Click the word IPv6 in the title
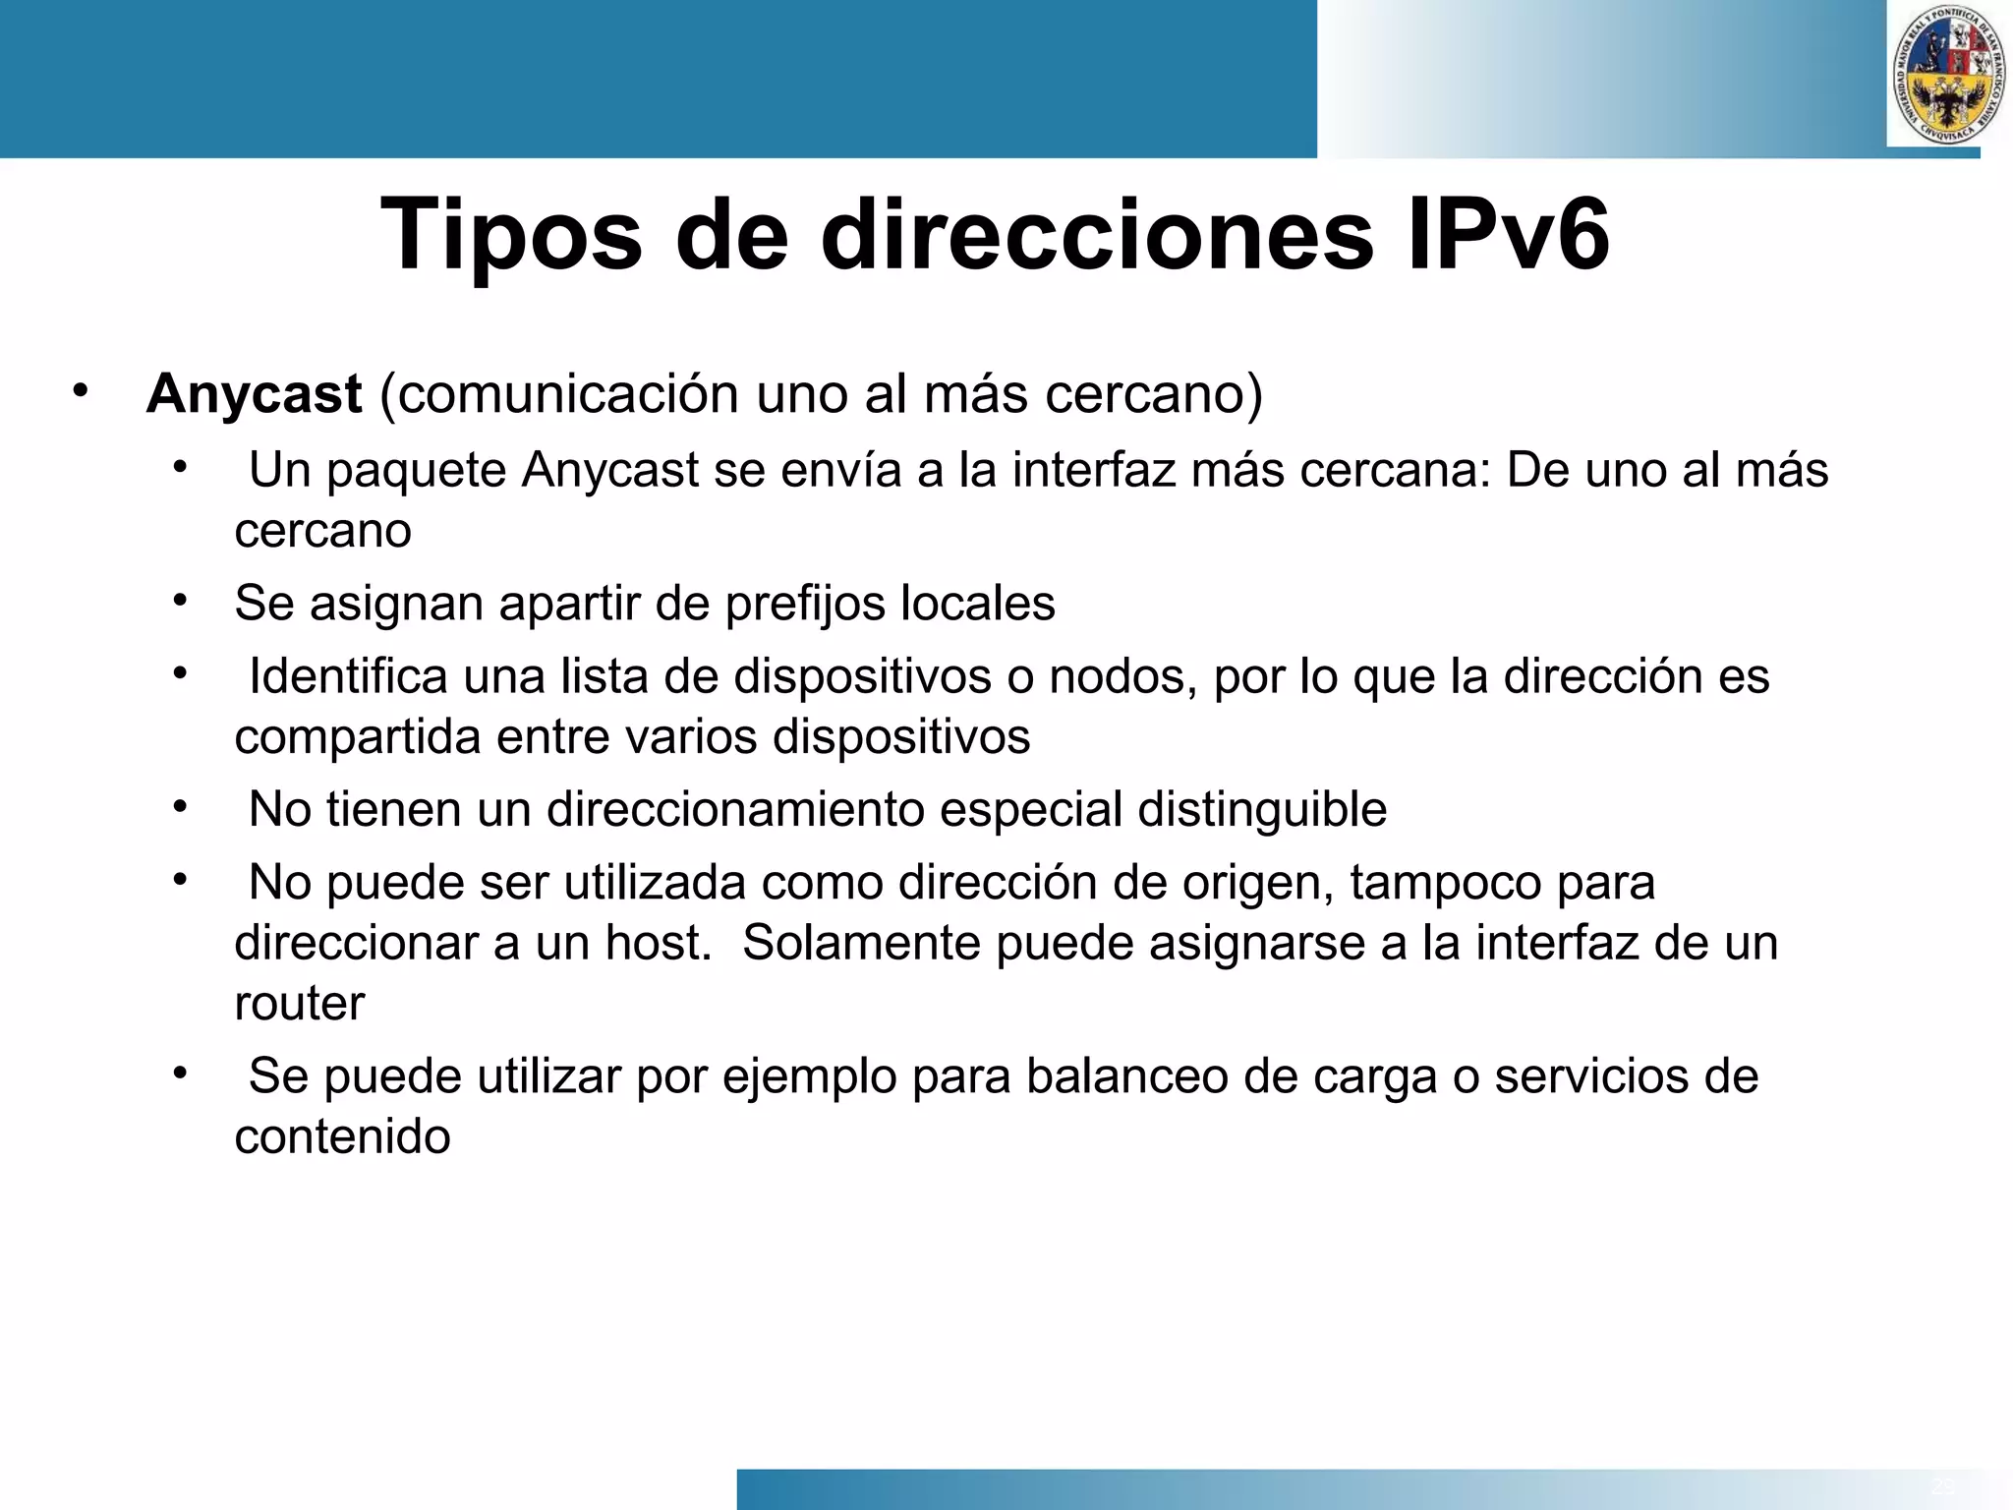1509,234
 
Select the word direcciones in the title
1096,234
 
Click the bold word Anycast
255,394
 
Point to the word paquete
417,471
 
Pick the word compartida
358,736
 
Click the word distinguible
1262,810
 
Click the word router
299,1004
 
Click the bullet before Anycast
80,392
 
